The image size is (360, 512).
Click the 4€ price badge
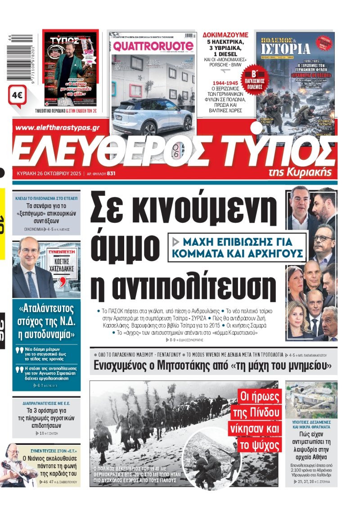pos(18,95)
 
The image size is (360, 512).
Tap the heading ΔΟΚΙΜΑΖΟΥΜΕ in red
pos(225,34)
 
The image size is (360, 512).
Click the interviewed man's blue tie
pos(32,285)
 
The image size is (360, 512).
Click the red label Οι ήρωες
pos(260,397)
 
